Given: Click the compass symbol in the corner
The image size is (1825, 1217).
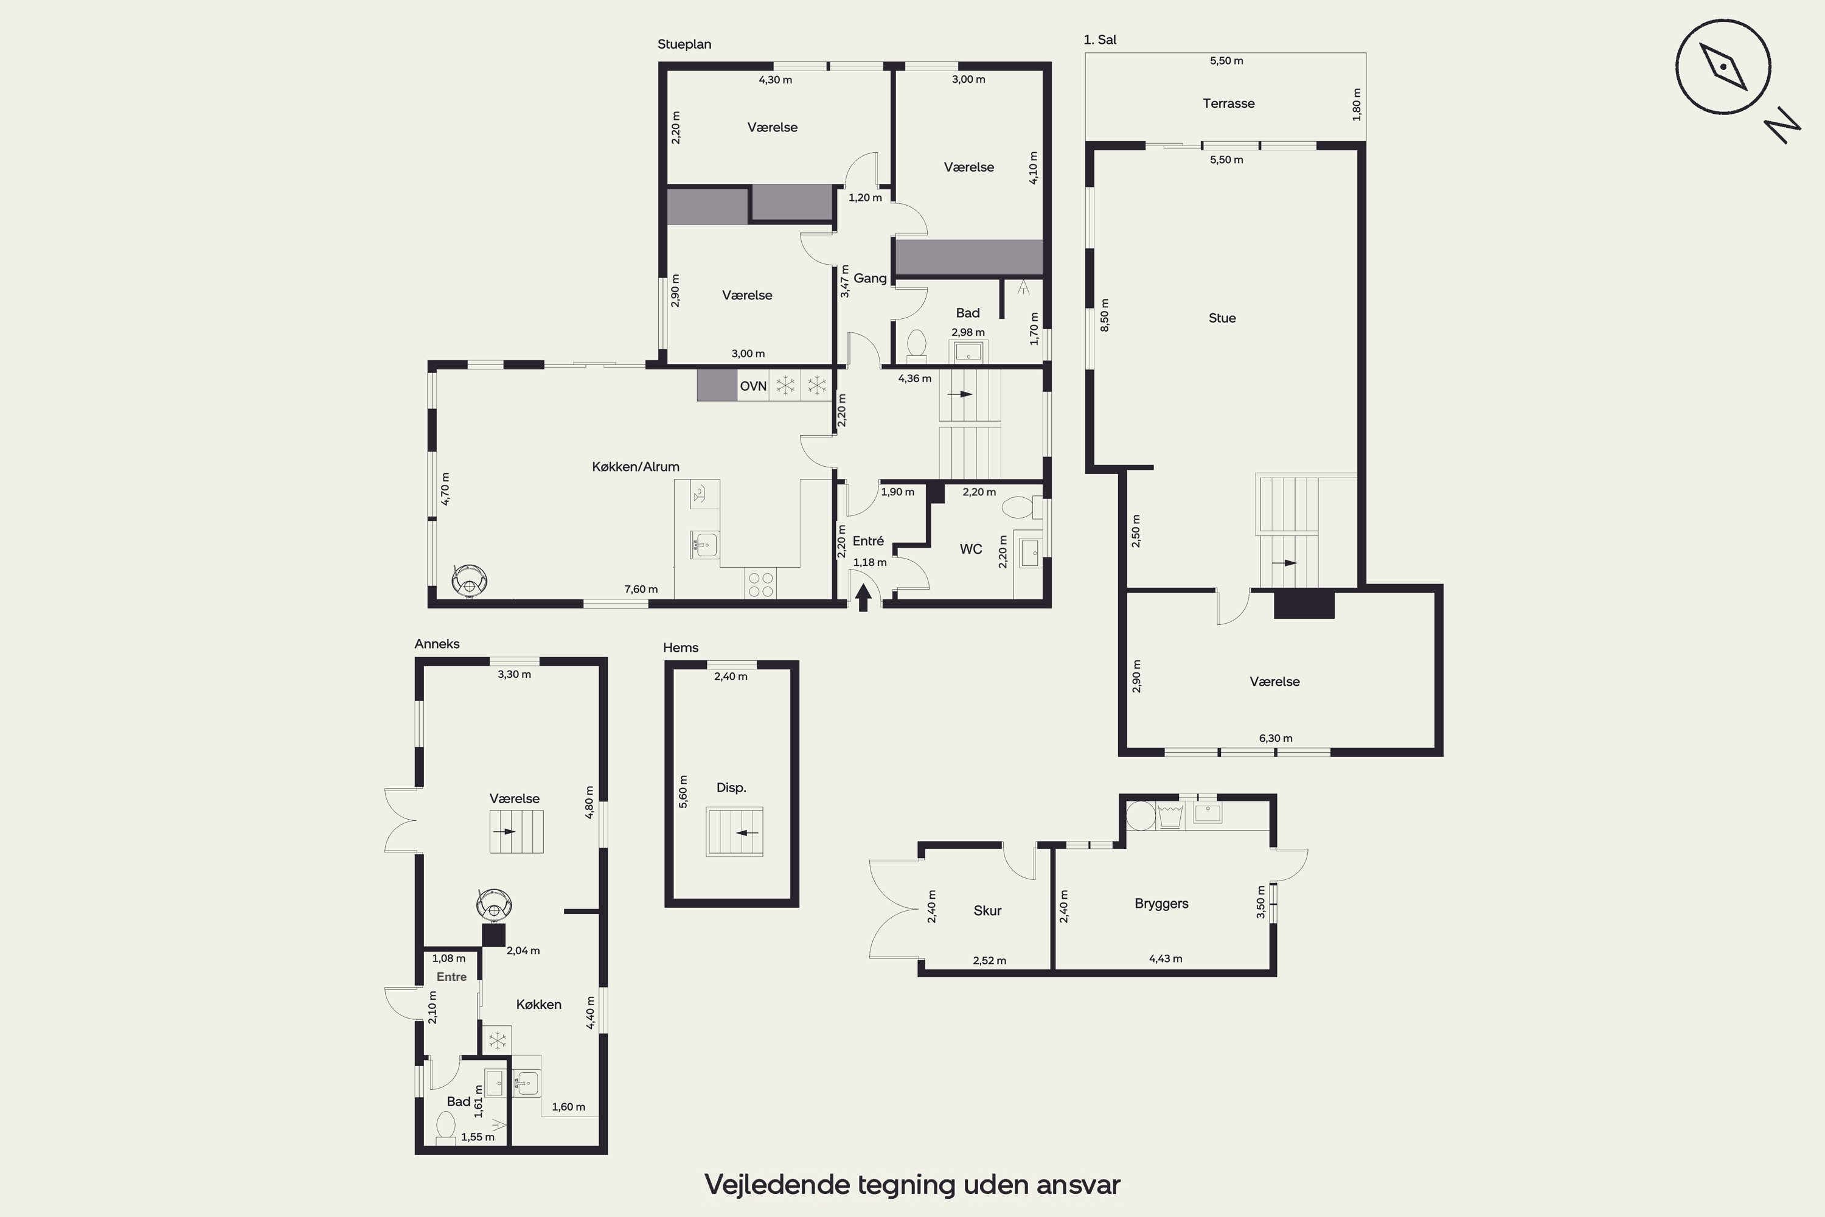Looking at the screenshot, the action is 1723,67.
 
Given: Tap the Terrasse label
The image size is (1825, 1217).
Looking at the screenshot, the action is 1228,103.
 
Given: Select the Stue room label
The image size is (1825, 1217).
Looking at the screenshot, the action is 1222,318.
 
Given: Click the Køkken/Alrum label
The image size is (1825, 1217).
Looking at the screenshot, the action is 636,467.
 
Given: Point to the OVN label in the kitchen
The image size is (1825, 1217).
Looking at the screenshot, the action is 753,386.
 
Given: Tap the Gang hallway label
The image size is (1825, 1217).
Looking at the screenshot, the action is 870,278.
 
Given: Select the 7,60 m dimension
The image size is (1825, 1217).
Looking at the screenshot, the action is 641,589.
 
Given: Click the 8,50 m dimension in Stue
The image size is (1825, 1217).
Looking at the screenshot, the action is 1105,315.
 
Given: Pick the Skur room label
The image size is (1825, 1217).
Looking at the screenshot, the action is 987,910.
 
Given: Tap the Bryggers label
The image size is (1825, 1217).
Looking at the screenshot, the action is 1161,904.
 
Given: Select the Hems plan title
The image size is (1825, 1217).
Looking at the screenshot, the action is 681,647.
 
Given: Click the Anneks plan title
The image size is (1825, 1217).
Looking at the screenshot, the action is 437,643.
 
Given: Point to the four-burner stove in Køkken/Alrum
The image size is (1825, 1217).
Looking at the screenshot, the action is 760,584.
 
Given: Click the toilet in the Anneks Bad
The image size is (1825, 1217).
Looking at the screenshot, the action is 446,1128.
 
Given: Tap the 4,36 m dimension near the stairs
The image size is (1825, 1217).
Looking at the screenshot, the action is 915,378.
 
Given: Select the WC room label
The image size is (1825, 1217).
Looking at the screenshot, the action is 971,549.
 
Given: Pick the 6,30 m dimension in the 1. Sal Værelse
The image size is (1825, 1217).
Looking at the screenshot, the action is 1276,738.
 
